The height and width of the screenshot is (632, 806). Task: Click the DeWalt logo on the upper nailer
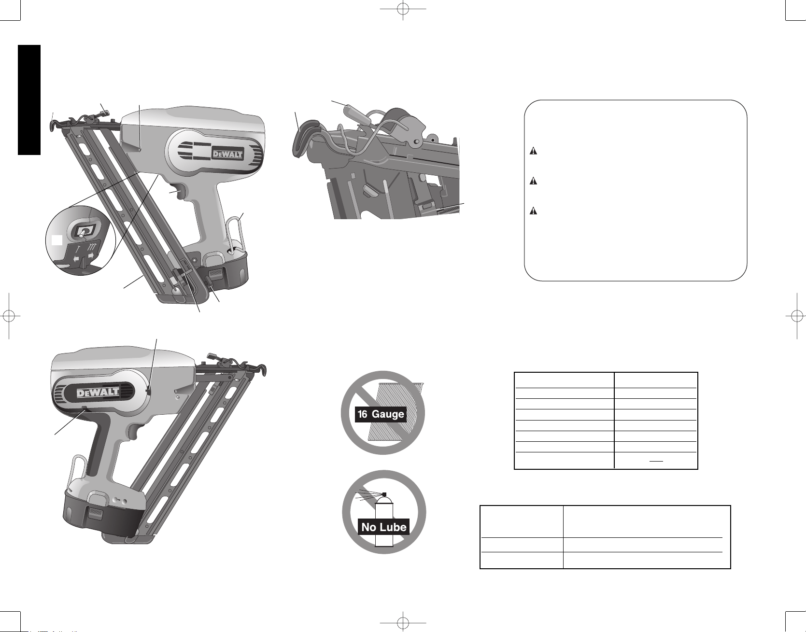click(228, 154)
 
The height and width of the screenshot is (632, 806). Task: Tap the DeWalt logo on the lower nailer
click(98, 392)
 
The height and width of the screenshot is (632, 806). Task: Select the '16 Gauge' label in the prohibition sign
click(381, 414)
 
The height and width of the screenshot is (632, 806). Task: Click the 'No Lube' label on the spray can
click(384, 527)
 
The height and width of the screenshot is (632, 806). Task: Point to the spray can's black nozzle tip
click(384, 494)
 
